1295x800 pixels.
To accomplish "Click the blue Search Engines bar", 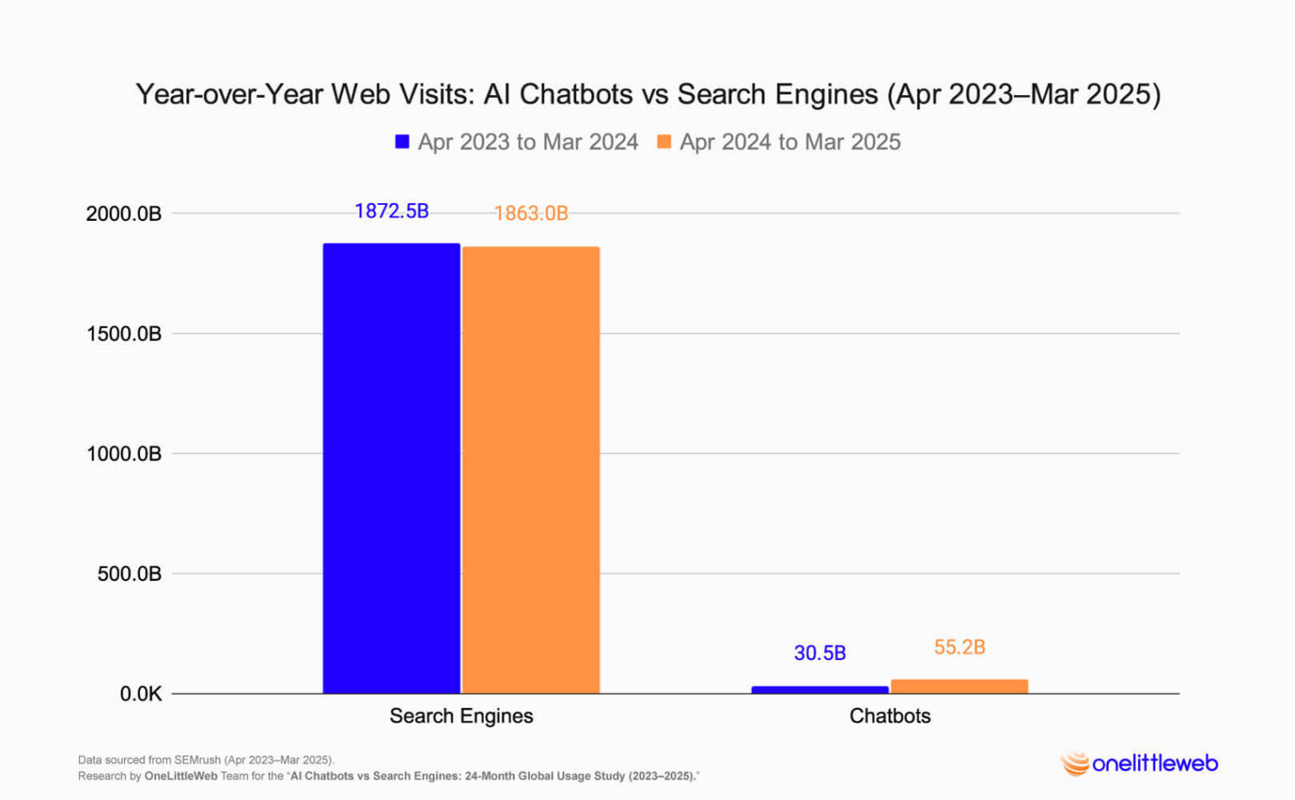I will (391, 468).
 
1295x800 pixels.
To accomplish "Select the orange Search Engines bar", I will (531, 470).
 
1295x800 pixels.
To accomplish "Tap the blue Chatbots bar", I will (819, 690).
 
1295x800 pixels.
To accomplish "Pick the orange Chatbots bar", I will (959, 686).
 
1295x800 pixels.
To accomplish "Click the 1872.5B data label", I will (391, 211).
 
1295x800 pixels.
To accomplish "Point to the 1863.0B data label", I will (531, 213).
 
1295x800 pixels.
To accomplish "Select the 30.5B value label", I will (819, 653).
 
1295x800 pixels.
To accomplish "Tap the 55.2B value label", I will (959, 647).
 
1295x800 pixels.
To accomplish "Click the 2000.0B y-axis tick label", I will (124, 214).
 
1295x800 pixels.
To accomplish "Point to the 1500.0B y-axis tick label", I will (124, 334).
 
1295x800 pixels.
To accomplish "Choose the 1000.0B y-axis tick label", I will (124, 454).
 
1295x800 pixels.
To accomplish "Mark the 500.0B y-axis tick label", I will (129, 574).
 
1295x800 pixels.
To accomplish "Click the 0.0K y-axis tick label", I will (140, 695).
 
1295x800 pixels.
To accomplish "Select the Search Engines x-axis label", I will (461, 716).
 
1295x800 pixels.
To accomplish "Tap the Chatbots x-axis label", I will (889, 716).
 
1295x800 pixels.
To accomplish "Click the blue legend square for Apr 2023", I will (402, 142).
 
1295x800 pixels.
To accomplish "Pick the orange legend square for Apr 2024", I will (664, 142).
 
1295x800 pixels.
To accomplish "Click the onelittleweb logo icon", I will (1075, 764).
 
